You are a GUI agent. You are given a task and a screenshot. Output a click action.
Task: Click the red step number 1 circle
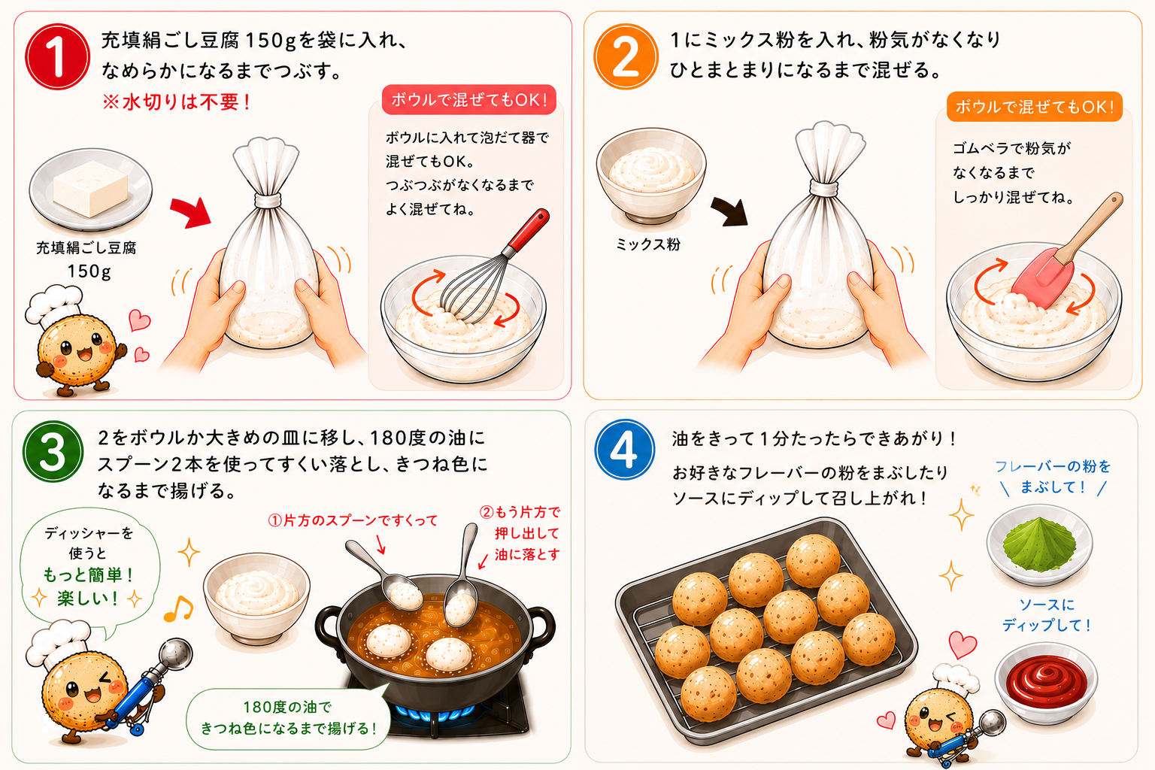57,56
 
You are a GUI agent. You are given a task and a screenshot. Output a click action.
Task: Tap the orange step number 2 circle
626,56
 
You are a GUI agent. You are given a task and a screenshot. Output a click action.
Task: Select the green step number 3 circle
53,452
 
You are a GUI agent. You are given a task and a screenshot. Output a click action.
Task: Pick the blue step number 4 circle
625,449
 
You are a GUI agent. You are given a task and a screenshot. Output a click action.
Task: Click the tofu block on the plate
91,188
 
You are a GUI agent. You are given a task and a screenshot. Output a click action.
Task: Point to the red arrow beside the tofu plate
191,212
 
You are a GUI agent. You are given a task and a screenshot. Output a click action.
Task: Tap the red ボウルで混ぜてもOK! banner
468,99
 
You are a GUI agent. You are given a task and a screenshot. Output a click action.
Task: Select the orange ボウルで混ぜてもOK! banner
1035,107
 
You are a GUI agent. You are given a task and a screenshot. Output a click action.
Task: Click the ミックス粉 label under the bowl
648,244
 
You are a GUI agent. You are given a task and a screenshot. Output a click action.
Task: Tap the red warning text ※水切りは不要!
177,102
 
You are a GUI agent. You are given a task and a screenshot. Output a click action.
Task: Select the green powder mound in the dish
1039,544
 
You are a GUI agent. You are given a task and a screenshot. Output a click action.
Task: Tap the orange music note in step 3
178,609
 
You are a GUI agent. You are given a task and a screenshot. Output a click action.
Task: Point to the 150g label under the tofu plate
89,271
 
